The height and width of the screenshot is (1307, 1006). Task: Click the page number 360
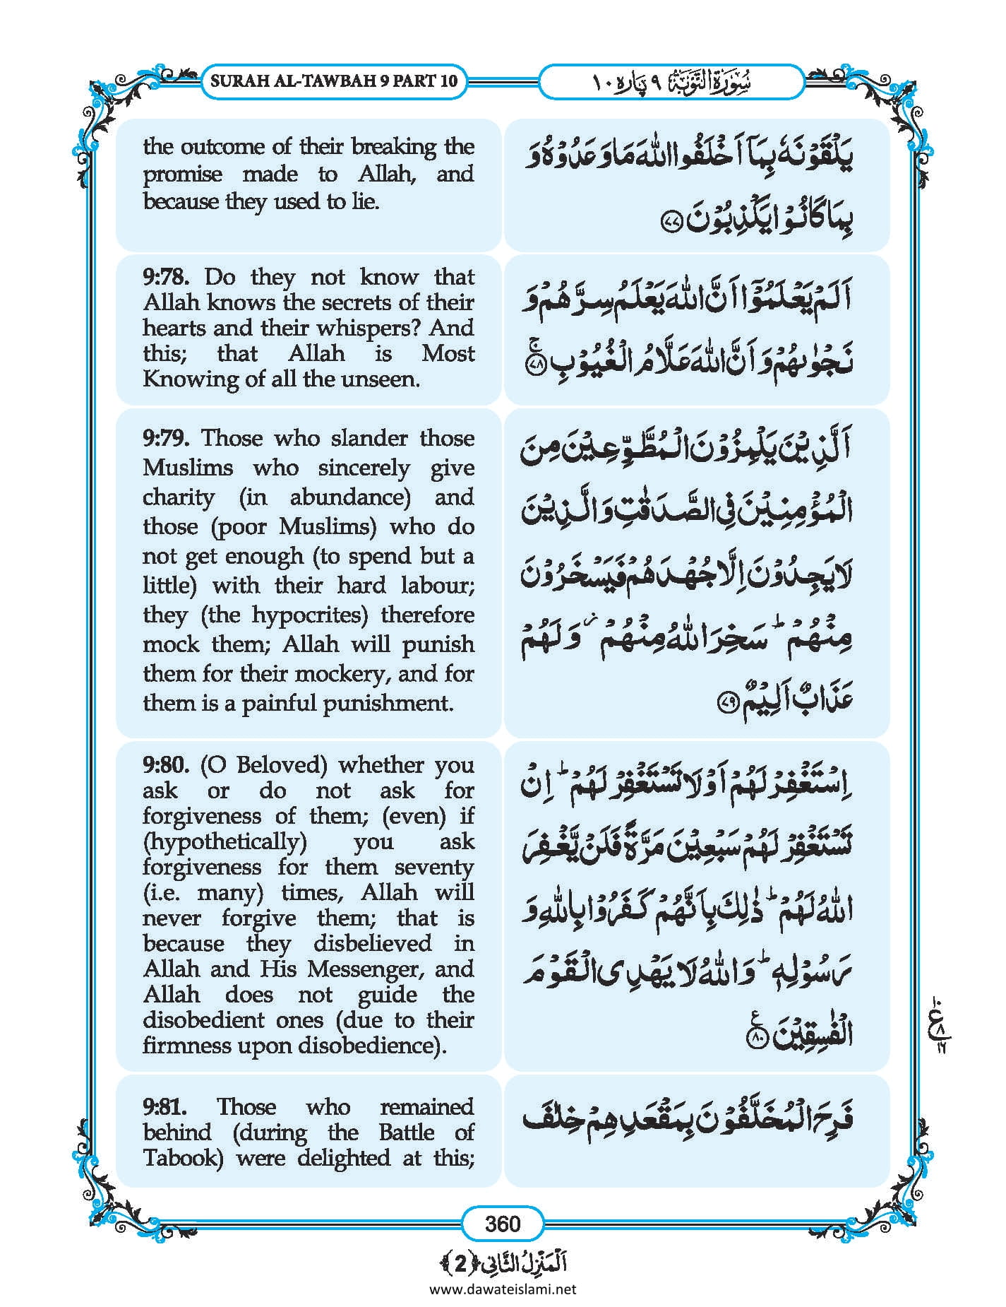pos(503,1223)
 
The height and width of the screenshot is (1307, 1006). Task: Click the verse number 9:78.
pos(165,277)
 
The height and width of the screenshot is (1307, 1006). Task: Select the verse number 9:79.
pos(165,438)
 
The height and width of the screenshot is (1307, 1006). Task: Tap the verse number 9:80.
pos(165,765)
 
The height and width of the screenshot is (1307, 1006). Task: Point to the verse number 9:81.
pos(165,1106)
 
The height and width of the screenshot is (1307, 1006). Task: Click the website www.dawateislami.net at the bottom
pos(503,1289)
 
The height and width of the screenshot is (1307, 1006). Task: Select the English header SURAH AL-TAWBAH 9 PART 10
pos(334,81)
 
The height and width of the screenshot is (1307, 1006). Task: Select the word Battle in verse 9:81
pos(403,1132)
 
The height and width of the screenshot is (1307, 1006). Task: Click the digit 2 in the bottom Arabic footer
pos(460,1264)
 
